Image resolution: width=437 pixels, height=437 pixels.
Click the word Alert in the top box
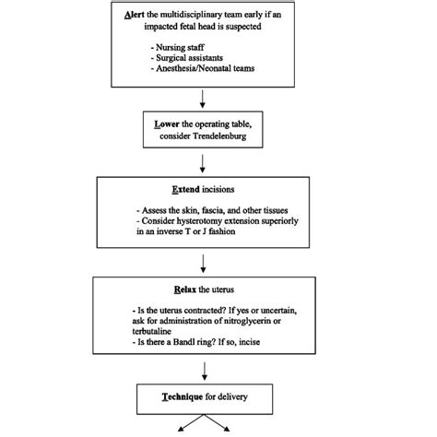pos(136,17)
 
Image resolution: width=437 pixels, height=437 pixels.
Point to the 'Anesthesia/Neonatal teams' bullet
pos(204,71)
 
